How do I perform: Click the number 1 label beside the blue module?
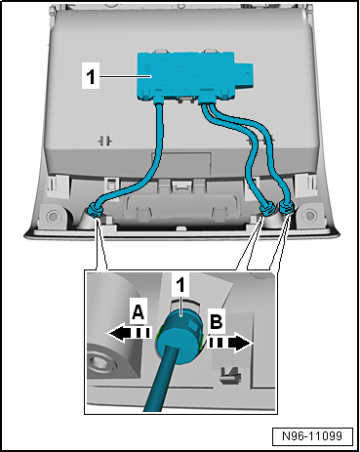click(91, 76)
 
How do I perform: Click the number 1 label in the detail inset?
click(180, 285)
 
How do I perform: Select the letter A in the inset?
click(138, 312)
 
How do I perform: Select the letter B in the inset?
click(217, 321)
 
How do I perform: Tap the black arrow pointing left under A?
click(129, 333)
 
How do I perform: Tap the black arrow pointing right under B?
click(230, 344)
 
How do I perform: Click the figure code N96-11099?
click(312, 436)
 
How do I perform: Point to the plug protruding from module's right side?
click(245, 75)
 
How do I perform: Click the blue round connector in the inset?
click(180, 331)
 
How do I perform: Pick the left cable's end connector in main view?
click(95, 210)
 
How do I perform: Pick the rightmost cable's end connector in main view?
click(286, 207)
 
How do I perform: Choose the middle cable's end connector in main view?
click(268, 209)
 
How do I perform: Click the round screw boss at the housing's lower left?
click(53, 216)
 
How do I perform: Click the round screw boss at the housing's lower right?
click(309, 215)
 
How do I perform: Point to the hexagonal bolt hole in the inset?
click(100, 363)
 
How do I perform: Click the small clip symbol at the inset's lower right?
click(231, 374)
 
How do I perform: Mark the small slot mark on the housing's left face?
click(105, 141)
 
